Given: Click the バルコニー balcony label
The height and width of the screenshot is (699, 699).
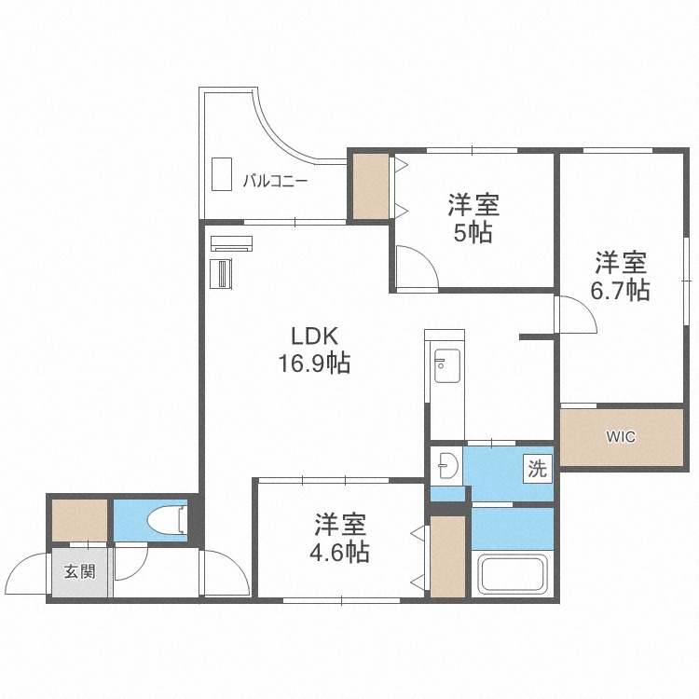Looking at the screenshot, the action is (275, 181).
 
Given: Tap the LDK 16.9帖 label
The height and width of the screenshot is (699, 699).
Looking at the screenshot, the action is (314, 349).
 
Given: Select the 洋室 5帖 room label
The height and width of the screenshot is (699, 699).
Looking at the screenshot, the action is (473, 218).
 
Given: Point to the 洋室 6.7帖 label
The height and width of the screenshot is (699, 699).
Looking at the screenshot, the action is (621, 276).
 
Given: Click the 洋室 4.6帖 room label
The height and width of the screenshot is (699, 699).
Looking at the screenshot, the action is (340, 538).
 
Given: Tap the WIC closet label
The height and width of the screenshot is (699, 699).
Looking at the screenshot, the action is (621, 437).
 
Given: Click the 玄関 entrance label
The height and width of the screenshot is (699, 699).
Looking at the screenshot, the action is (80, 571).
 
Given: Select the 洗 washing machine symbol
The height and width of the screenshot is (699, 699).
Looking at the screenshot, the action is (537, 468).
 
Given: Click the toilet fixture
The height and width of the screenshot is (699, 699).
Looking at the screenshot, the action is (167, 520).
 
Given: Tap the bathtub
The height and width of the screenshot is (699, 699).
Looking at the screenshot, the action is (513, 574).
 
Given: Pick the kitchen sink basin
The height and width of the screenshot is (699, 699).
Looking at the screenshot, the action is (447, 365).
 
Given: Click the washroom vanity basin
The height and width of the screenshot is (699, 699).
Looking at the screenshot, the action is (448, 466).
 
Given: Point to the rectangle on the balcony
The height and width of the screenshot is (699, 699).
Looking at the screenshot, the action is (222, 174).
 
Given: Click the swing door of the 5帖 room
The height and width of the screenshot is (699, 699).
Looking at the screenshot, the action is (418, 267).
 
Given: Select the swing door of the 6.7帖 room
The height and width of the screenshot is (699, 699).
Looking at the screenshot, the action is (576, 314).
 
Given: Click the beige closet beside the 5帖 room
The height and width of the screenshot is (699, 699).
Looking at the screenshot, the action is (371, 186).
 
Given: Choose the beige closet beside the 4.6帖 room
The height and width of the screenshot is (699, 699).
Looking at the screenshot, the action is (447, 556).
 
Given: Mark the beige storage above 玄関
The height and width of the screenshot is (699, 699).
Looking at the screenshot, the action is (80, 520).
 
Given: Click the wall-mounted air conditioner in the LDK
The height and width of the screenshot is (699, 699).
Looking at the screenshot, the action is (231, 243).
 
